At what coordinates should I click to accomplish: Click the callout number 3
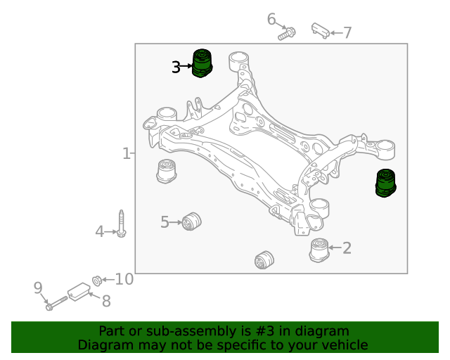point(176,67)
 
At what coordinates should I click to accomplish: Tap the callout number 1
point(127,153)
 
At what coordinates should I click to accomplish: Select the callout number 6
point(271,19)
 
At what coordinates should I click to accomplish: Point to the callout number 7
point(347,33)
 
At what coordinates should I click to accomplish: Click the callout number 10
point(124,279)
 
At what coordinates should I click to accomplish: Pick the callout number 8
point(106,301)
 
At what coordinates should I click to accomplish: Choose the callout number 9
point(38,288)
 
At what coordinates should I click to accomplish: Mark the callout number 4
point(99,231)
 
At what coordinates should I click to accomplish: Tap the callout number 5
point(165,222)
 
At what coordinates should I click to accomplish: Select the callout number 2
point(347,247)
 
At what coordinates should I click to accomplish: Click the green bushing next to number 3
point(202,63)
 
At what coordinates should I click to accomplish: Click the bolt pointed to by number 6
point(287,34)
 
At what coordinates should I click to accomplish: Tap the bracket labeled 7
point(321,30)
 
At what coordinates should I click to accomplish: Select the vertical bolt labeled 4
point(121,224)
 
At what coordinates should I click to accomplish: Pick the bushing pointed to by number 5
point(192,221)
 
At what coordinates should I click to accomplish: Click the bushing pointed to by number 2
point(319,250)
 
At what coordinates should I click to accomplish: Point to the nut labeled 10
point(97,281)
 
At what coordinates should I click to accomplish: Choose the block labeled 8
point(79,292)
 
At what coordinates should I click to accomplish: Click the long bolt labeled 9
point(56,304)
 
